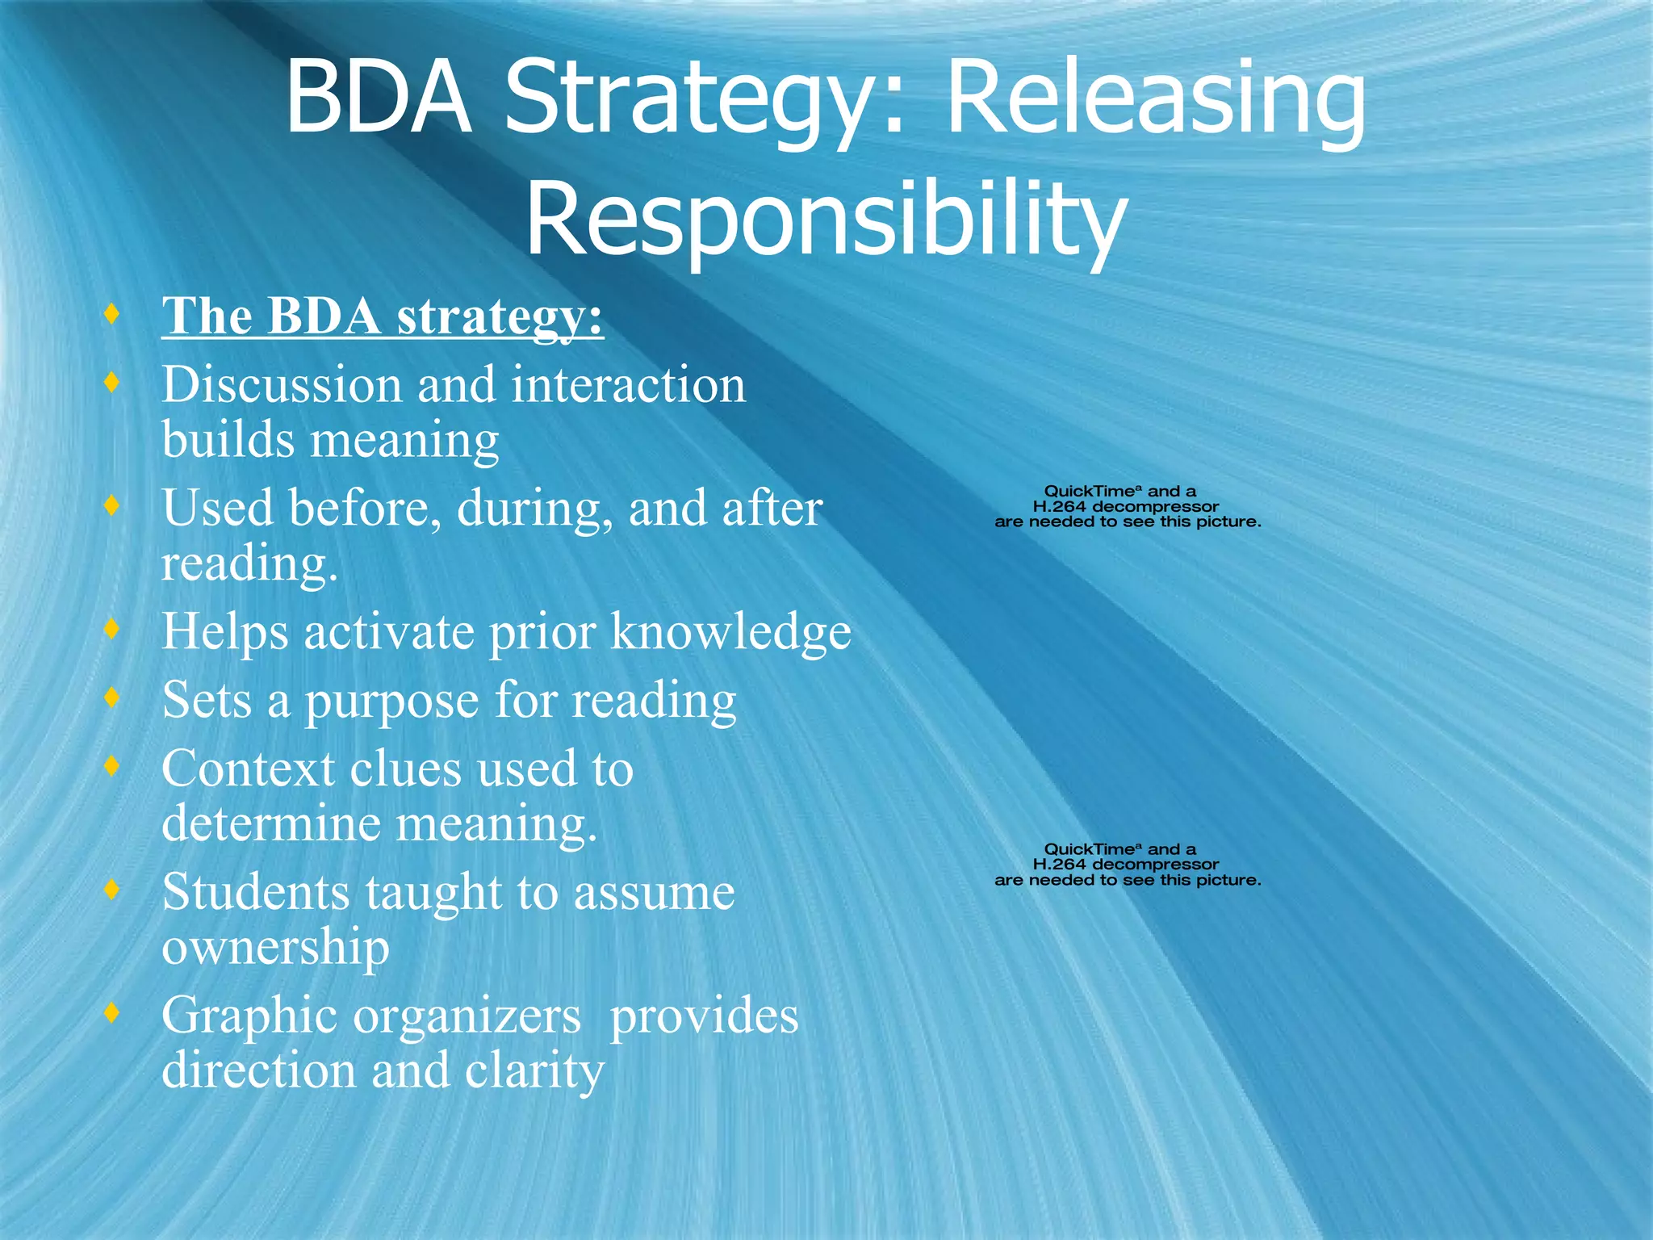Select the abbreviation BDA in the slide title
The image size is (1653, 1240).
click(378, 101)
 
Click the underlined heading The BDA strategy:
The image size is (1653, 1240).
click(383, 316)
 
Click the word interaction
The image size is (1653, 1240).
click(628, 384)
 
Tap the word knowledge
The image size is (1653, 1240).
click(730, 631)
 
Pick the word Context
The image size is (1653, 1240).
click(248, 769)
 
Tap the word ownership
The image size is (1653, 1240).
click(275, 949)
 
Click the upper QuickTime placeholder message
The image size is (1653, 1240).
click(1127, 507)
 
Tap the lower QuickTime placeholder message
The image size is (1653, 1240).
click(1127, 865)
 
